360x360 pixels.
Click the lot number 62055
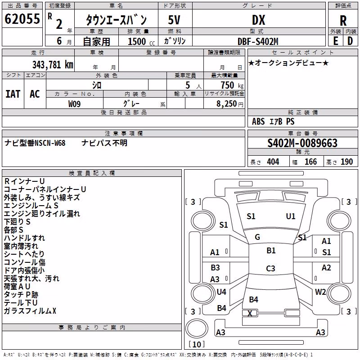22,19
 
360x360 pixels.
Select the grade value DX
258,20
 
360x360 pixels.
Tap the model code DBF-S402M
258,41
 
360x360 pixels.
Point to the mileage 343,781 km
53,65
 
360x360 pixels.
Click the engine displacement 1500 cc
141,41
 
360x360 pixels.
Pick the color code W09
74,104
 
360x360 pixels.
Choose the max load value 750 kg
232,85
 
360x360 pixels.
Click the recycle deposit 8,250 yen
229,104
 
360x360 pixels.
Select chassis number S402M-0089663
302,143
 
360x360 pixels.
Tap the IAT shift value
13,94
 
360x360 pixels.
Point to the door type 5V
174,20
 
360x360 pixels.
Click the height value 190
346,162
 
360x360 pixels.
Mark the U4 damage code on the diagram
221,292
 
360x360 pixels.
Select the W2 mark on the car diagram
320,292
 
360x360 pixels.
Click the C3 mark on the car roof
270,268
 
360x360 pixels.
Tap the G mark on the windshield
257,237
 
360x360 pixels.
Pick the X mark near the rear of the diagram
250,313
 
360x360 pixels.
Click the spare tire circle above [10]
197,328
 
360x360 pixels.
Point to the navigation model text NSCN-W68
50,143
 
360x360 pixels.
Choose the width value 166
310,162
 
